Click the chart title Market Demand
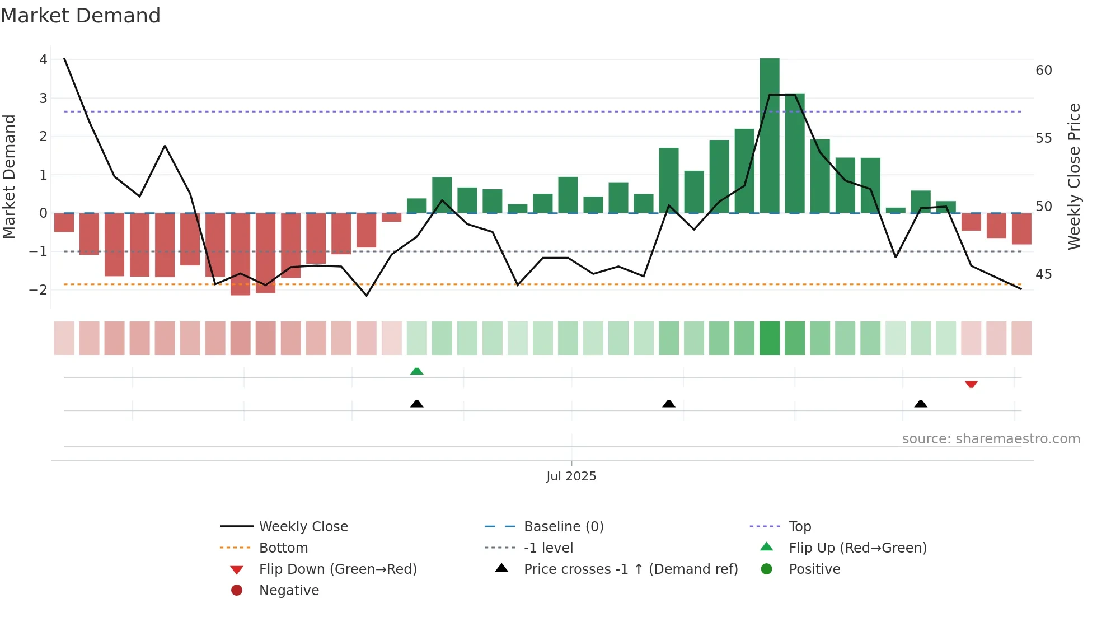pos(81,16)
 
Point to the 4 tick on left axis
pos(43,60)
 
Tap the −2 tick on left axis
pos(39,290)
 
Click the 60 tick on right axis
pos(1043,71)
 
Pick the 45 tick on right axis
pos(1043,274)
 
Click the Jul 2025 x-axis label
pos(571,476)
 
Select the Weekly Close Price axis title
pos(1073,176)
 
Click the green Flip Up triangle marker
pos(416,371)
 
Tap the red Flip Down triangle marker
pos(971,384)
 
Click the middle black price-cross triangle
pos(668,404)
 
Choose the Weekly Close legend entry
pos(303,527)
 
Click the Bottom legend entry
pos(283,548)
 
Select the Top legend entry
pos(799,527)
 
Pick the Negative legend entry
pos(289,591)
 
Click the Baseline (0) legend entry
pos(563,527)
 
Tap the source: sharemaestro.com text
pos(991,439)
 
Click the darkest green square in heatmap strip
pos(770,338)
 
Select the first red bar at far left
pos(64,222)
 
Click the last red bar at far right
pos(1021,228)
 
